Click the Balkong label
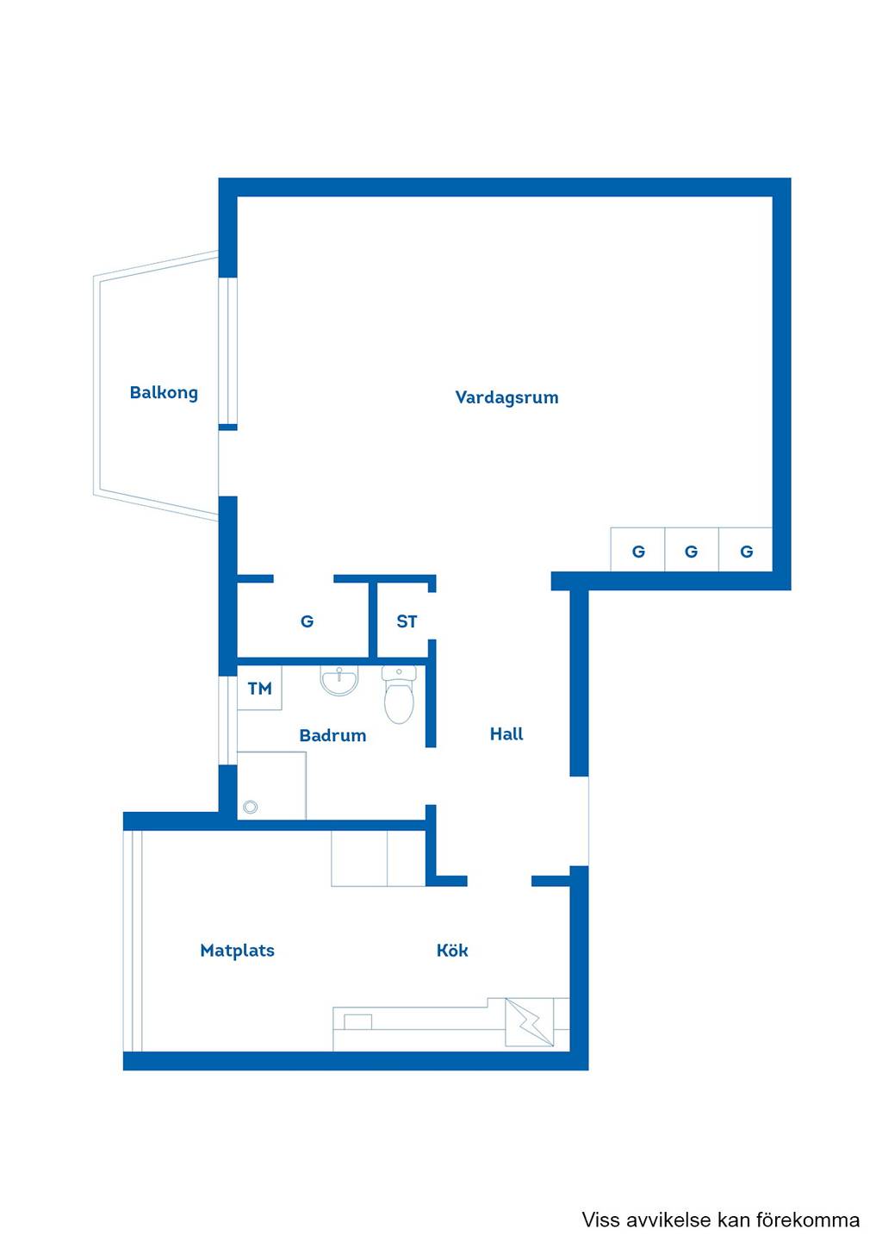click(x=164, y=393)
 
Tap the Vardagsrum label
click(x=506, y=397)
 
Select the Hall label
click(x=506, y=733)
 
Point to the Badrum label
click(x=332, y=735)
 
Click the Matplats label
click(x=237, y=951)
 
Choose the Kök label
click(x=452, y=950)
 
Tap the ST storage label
click(x=407, y=621)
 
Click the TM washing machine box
click(x=259, y=688)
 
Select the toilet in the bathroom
click(x=399, y=694)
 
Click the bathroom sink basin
click(x=339, y=680)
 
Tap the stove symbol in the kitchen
click(x=530, y=1022)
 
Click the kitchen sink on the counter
click(x=357, y=1022)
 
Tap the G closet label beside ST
click(x=307, y=621)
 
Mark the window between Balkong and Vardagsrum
click(x=227, y=351)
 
